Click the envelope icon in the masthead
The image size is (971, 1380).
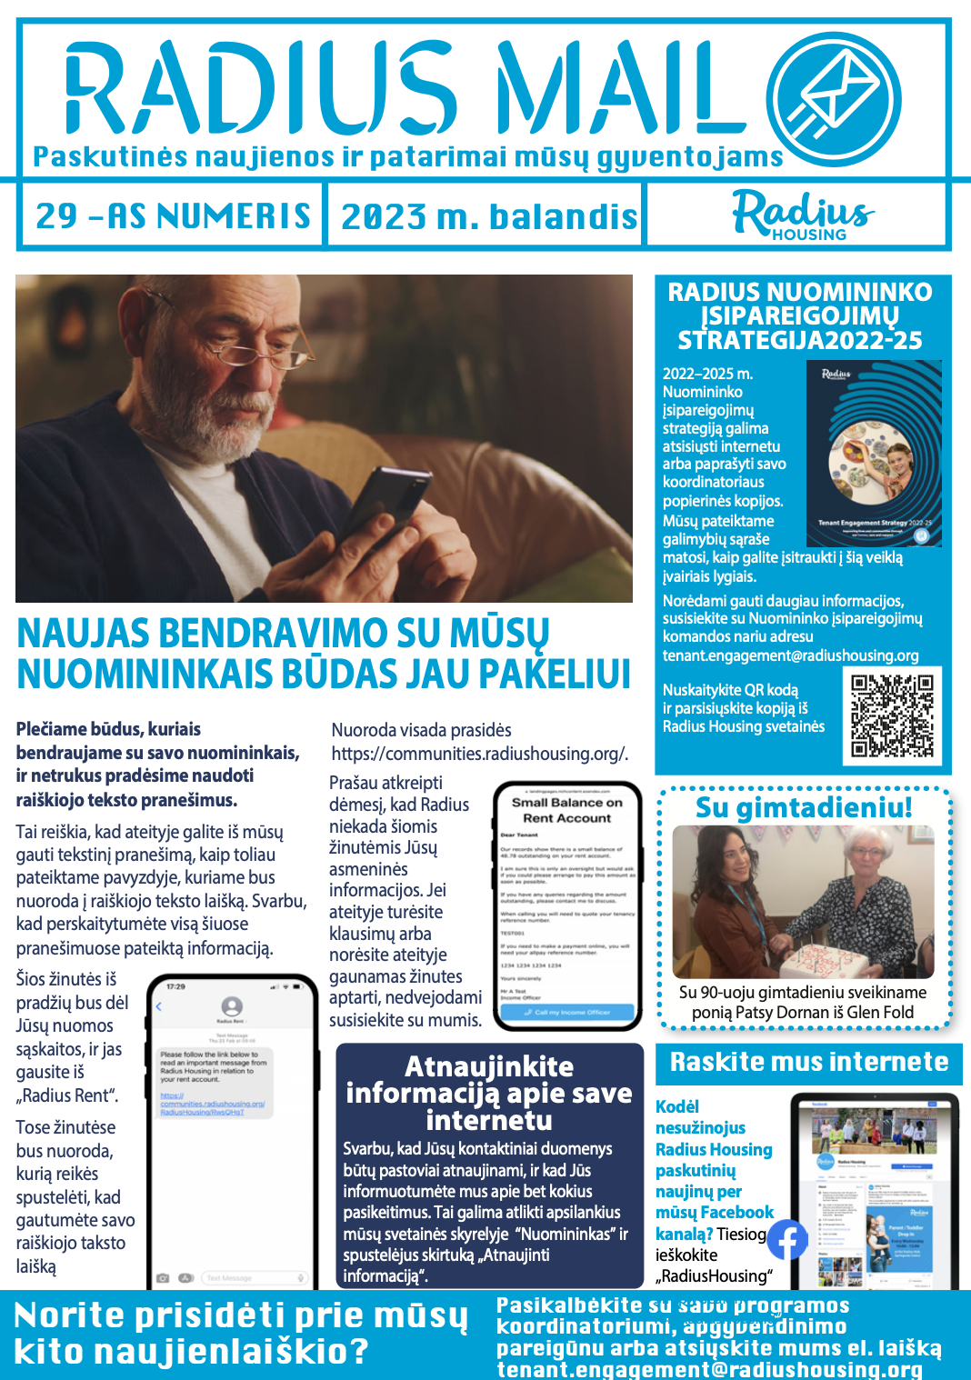click(834, 98)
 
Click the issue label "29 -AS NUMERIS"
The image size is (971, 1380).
click(173, 216)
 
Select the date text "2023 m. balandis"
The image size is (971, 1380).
click(488, 217)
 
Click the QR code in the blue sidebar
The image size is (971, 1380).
click(892, 715)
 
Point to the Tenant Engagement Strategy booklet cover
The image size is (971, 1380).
click(874, 453)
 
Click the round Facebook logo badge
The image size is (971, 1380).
click(786, 1239)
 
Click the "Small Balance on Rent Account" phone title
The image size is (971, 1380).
click(566, 810)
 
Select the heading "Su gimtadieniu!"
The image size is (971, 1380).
click(804, 807)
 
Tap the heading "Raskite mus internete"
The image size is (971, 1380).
click(808, 1062)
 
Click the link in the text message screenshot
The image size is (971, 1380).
click(212, 1104)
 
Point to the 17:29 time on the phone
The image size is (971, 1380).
click(175, 986)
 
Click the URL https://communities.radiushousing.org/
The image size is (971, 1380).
click(479, 754)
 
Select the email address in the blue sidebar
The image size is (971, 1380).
click(790, 655)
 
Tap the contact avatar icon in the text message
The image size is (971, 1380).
click(232, 1005)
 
